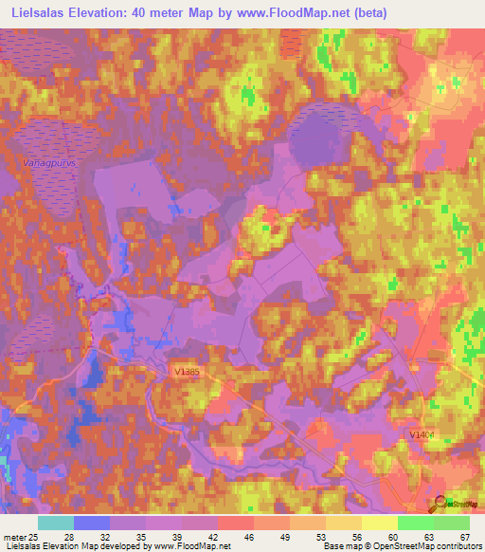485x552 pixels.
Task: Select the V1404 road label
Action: [x=422, y=434]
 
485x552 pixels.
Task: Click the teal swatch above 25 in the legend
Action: [x=56, y=522]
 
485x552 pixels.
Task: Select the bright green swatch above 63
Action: [x=415, y=522]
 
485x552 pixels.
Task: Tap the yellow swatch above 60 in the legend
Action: [x=379, y=522]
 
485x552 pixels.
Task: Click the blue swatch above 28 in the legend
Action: [x=92, y=522]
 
